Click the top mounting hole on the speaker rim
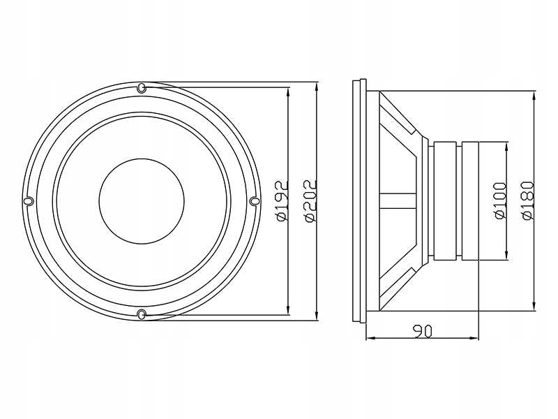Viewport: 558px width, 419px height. pos(142,88)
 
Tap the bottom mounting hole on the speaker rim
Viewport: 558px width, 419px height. pos(142,314)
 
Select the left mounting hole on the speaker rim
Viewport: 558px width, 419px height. pos(29,201)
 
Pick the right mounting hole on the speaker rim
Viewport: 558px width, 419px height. pos(254,201)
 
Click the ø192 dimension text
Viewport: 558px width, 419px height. pos(282,201)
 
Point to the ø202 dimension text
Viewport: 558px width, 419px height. pos(310,201)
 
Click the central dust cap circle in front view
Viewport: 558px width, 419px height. pos(142,201)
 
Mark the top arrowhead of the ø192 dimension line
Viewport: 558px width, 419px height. pos(288,92)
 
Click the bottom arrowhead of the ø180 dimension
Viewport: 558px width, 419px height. pos(534,307)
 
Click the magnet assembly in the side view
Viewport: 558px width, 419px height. pos(456,201)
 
